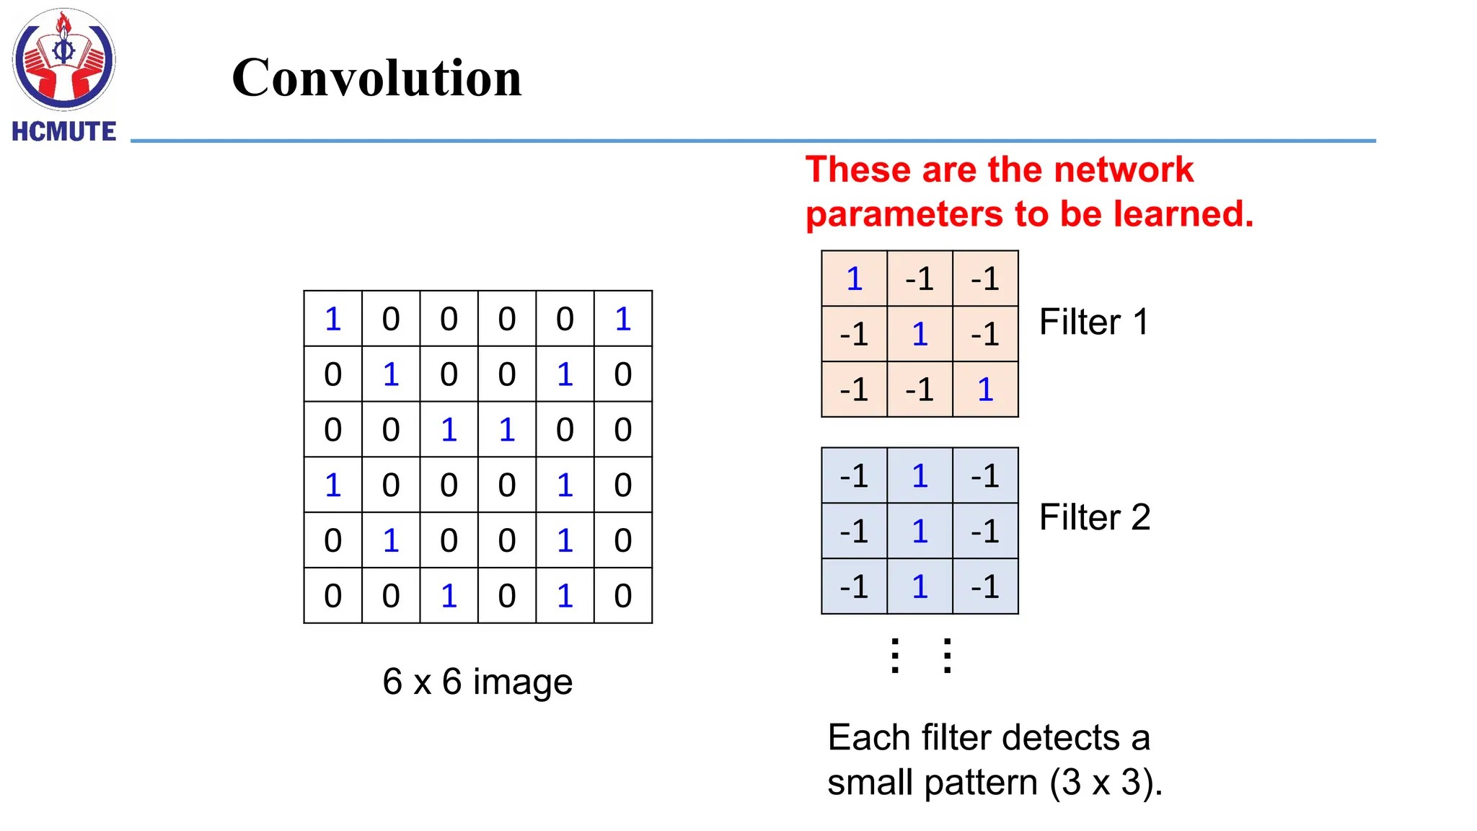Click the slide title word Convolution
[376, 78]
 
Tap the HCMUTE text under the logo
[63, 131]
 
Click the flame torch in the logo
[64, 25]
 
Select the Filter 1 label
[1093, 322]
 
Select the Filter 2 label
[1094, 517]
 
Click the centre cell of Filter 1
[920, 334]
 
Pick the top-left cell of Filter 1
[854, 279]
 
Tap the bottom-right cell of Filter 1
[985, 390]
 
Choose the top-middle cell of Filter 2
[920, 476]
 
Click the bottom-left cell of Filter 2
[854, 586]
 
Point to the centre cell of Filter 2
[920, 532]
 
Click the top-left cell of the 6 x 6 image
[332, 319]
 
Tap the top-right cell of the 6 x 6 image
[623, 319]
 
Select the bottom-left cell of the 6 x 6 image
[332, 596]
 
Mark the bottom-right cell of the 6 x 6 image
[623, 596]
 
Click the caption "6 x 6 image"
[477, 682]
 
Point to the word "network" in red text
[1123, 170]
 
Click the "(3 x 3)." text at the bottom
[1106, 783]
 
